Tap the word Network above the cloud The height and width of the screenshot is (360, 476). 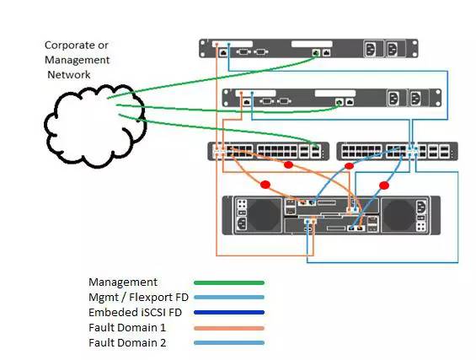click(x=69, y=75)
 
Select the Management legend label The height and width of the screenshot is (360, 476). click(x=123, y=282)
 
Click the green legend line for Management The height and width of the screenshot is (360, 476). click(x=229, y=282)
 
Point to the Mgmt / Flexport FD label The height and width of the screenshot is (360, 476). click(x=138, y=298)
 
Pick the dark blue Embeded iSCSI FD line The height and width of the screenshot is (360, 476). click(x=229, y=312)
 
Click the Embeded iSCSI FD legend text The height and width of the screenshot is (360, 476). click(x=135, y=313)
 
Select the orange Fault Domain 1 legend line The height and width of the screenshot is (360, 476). click(x=229, y=328)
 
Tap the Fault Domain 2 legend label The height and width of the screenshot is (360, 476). click(x=127, y=343)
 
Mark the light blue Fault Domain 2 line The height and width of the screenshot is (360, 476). click(x=229, y=343)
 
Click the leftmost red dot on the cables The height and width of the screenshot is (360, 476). click(x=265, y=185)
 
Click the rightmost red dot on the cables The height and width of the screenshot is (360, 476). click(x=384, y=185)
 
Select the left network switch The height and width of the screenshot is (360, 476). click(x=269, y=151)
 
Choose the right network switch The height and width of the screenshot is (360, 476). click(x=397, y=151)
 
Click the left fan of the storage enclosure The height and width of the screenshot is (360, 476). click(x=265, y=215)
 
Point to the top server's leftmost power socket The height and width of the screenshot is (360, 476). click(x=371, y=49)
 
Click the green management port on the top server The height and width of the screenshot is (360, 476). click(x=316, y=53)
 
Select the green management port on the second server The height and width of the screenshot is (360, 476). click(x=339, y=102)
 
